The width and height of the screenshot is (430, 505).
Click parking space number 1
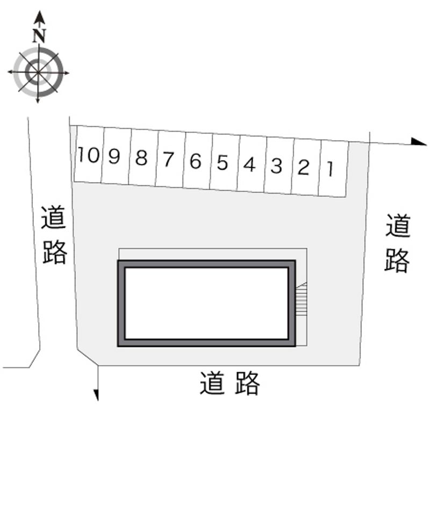pos(333,169)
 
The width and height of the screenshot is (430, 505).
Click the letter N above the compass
pos(39,36)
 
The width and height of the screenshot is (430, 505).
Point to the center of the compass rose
pos(38,72)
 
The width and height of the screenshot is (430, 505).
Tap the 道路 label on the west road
pos(54,235)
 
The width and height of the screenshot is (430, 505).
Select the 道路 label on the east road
pos(398,243)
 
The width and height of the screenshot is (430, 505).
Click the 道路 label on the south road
pos(230,383)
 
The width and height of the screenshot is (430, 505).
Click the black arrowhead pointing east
pos(419,141)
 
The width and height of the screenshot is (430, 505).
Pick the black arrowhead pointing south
pos(96,395)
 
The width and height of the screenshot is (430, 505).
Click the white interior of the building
pos(206,303)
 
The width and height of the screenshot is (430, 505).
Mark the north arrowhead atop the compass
pos(39,17)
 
